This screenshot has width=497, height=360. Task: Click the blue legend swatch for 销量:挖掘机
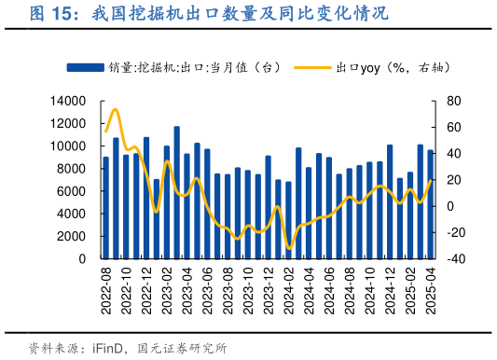click(84, 67)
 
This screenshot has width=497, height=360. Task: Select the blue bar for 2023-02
click(167, 201)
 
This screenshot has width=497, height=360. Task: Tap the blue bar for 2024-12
click(390, 201)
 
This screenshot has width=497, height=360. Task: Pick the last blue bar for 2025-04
click(431, 204)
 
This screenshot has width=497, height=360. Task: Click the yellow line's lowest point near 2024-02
click(289, 248)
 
